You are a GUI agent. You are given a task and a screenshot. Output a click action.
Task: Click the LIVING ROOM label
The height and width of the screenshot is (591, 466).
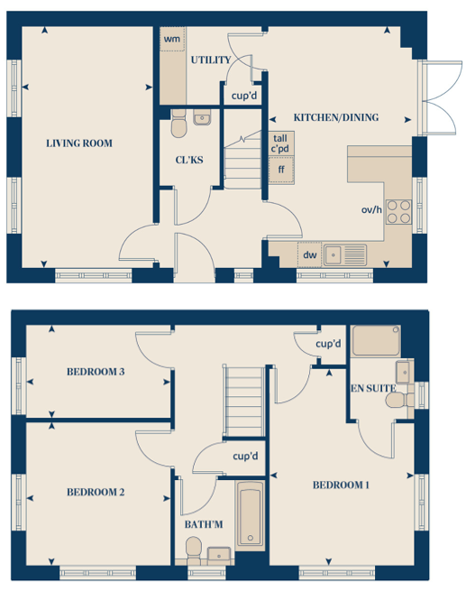click(x=79, y=143)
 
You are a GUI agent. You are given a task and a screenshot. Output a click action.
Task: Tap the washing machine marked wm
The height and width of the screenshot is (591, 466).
click(x=172, y=39)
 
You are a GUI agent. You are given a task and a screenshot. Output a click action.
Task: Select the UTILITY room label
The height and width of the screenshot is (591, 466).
click(x=211, y=60)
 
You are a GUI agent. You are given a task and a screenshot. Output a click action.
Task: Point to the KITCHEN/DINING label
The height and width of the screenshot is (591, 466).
click(x=336, y=117)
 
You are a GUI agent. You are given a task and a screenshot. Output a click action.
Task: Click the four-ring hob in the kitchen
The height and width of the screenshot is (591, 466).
click(x=398, y=212)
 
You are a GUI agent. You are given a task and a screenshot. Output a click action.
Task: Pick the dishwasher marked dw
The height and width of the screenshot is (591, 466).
click(x=309, y=254)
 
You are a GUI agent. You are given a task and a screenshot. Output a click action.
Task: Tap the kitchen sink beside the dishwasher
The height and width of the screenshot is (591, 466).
click(x=345, y=255)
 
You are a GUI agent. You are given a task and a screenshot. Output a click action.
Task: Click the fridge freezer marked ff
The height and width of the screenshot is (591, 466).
click(x=281, y=170)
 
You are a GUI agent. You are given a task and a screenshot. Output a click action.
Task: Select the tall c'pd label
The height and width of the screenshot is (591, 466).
click(x=280, y=143)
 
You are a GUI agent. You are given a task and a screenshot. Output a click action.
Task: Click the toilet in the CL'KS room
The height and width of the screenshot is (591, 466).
click(x=178, y=124)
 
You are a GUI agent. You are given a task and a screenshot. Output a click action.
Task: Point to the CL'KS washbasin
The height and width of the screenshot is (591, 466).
click(x=202, y=117)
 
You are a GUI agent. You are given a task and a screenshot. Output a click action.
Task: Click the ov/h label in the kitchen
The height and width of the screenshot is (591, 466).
click(x=371, y=209)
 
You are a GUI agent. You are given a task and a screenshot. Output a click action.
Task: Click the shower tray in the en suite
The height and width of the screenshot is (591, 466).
click(x=376, y=341)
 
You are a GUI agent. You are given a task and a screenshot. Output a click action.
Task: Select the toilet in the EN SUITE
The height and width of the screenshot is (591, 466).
click(x=399, y=400)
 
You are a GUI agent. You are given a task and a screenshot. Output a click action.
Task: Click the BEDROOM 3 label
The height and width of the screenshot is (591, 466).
click(x=96, y=372)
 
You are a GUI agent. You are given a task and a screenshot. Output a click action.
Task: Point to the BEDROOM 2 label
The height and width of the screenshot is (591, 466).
click(x=96, y=493)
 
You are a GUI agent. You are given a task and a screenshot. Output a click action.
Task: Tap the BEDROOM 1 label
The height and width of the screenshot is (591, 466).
click(x=341, y=485)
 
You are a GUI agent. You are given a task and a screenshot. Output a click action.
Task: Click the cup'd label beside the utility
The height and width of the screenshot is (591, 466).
click(x=244, y=96)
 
